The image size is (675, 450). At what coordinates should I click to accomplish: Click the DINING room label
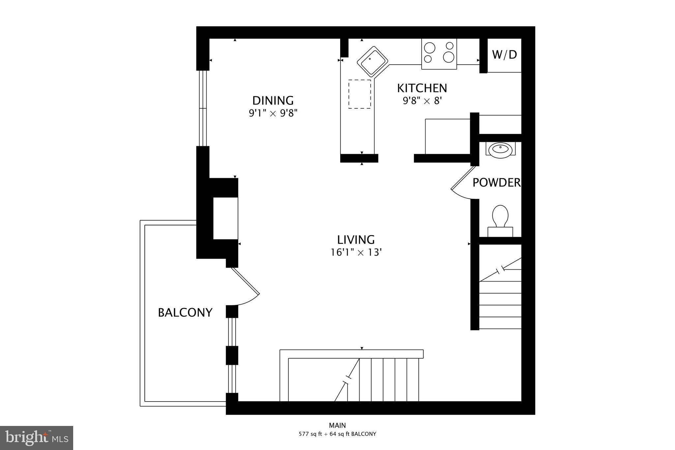point(273,100)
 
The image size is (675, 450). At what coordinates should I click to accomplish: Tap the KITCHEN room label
point(422,88)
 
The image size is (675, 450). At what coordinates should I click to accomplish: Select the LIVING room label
point(356,239)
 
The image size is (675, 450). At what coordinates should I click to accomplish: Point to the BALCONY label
point(185,312)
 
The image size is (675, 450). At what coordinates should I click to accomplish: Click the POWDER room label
point(496,182)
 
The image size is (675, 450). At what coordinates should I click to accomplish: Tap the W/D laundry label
point(504,55)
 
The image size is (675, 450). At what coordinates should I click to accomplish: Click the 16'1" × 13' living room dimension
point(356,253)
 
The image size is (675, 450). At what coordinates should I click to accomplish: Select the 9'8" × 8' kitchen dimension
point(422,101)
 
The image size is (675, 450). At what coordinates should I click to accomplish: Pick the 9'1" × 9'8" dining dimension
point(273,113)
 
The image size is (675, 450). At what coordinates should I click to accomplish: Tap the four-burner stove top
point(439,54)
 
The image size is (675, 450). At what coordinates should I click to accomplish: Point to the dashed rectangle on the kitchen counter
point(360,94)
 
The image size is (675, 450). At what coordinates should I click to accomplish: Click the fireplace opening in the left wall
point(225,218)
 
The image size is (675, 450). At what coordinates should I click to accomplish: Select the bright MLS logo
point(37,438)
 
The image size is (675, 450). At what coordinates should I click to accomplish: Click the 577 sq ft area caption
point(337,434)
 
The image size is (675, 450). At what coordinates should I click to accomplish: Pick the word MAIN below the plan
point(337,426)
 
